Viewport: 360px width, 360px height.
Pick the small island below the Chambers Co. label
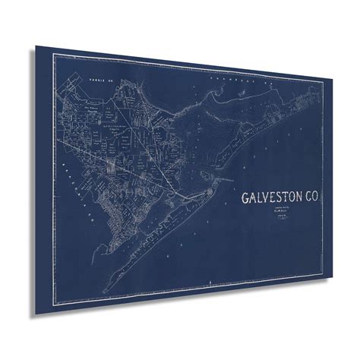coord(242,101)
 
